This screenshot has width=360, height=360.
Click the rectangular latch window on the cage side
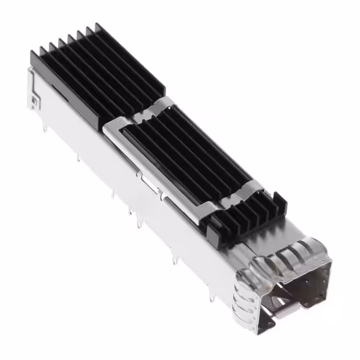point(152,186)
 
